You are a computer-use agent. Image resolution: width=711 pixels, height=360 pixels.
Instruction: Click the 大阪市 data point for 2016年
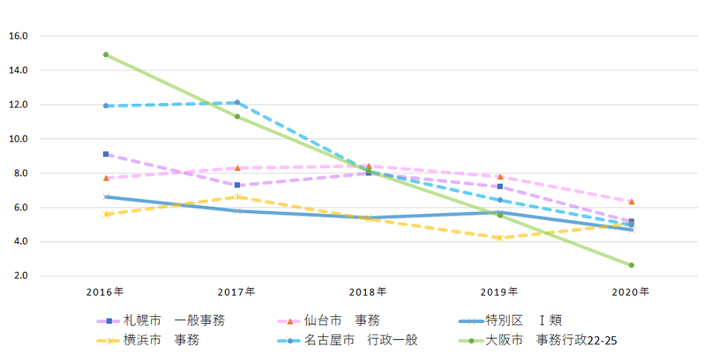[x=106, y=55]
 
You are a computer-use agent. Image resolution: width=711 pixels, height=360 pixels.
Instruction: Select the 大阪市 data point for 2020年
[x=631, y=265]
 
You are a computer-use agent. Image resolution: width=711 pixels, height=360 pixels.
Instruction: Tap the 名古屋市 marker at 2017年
[x=237, y=102]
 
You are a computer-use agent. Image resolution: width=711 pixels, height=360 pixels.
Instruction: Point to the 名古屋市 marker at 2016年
[x=106, y=106]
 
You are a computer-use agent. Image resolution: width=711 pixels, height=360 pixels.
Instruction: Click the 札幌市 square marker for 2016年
[x=106, y=154]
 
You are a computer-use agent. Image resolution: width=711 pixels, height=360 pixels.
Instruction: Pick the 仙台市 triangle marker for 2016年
[x=106, y=178]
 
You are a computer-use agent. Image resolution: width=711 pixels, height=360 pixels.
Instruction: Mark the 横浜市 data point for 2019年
[x=500, y=238]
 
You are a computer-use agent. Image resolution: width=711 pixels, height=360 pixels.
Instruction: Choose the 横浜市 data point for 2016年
[x=106, y=214]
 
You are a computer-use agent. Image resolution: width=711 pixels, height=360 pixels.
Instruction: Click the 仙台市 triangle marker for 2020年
[x=631, y=201]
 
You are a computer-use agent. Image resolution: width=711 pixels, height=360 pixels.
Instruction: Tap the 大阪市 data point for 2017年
[x=237, y=116]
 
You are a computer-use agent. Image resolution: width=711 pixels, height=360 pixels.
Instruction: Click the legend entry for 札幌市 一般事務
[x=161, y=321]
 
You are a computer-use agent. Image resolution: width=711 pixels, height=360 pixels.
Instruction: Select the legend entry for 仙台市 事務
[x=330, y=321]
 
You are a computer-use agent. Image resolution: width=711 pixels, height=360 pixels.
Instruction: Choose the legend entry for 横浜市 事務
[x=147, y=341]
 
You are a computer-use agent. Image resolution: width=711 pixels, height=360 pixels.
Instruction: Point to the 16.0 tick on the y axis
[x=18, y=36]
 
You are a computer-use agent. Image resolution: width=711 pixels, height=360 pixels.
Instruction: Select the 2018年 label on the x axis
[x=368, y=292]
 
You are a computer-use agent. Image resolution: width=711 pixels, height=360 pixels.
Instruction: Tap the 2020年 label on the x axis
[x=631, y=292]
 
